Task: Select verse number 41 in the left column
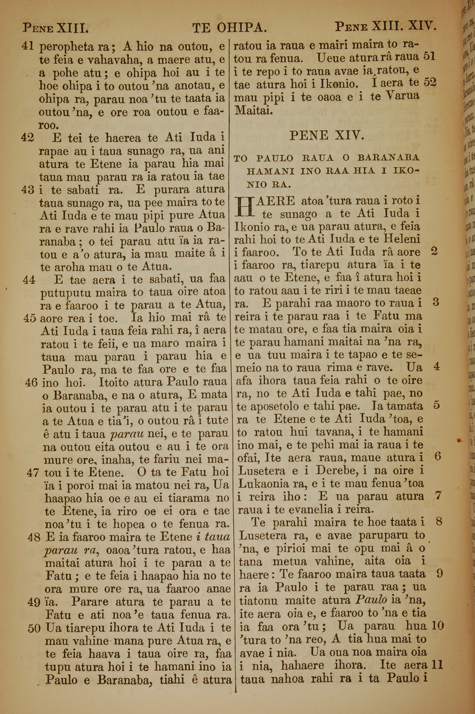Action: (x=28, y=46)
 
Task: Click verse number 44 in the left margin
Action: (x=29, y=280)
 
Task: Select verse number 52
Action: (x=430, y=82)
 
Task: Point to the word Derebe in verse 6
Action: (x=333, y=471)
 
